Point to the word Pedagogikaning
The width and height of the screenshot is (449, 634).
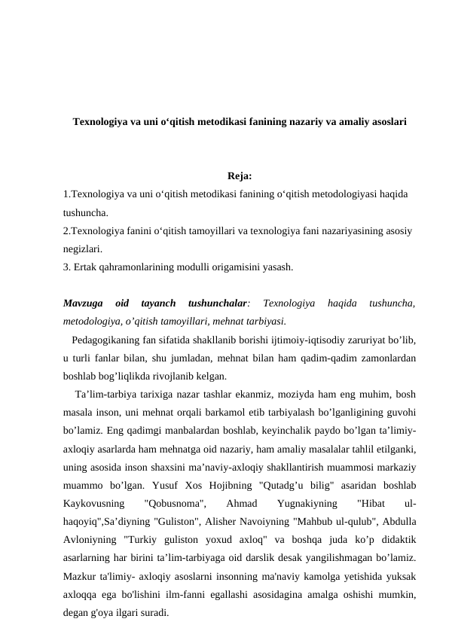(106, 340)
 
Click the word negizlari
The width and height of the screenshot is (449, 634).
(82, 248)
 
